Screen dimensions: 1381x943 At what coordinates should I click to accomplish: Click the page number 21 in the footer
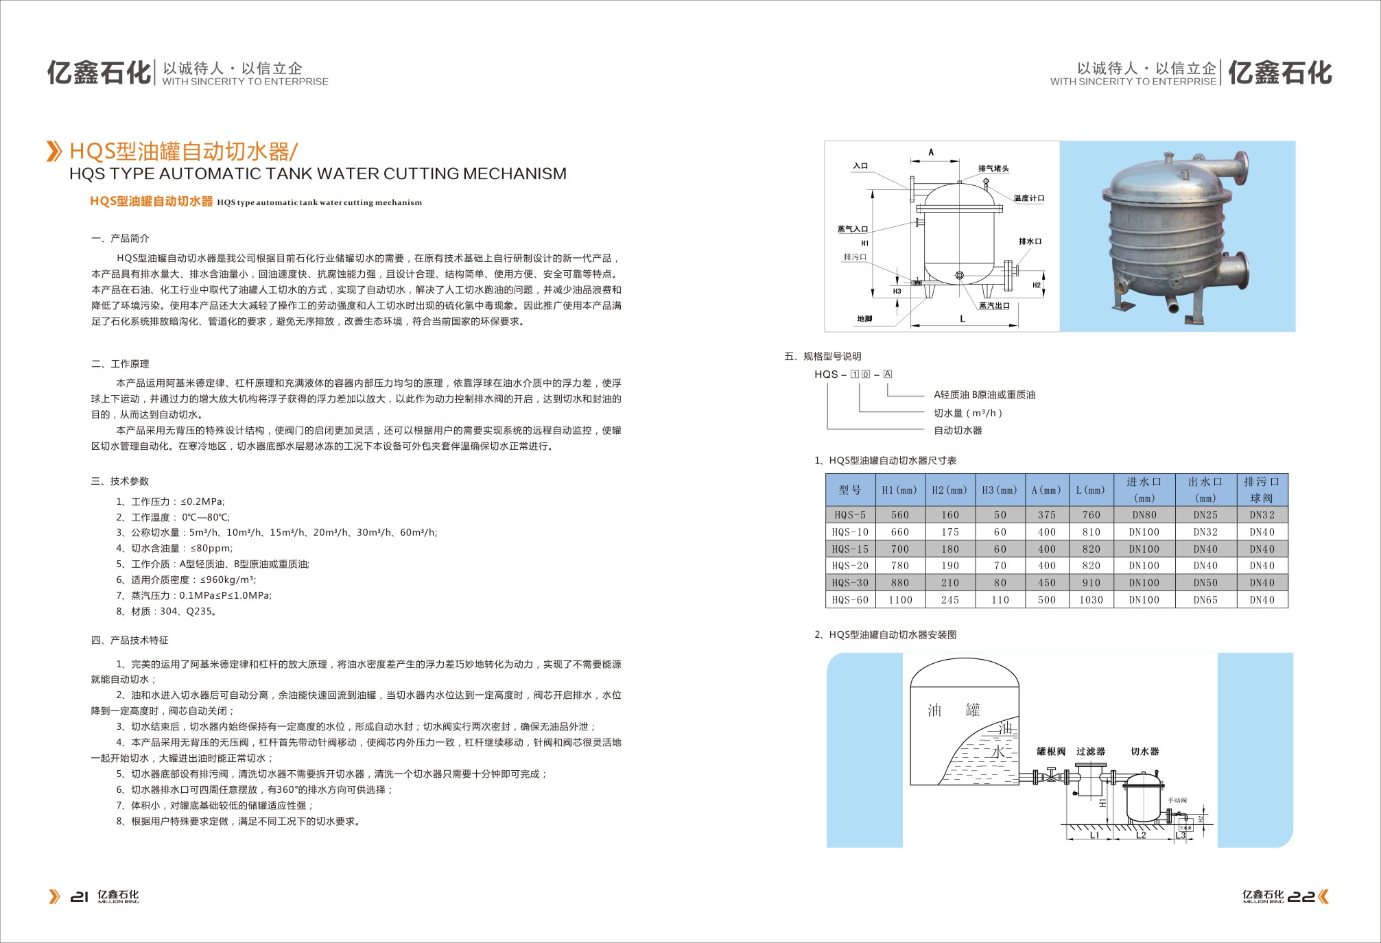[80, 896]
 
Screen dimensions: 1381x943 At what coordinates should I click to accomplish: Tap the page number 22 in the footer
[1301, 896]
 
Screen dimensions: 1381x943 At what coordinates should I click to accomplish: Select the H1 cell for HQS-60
[900, 600]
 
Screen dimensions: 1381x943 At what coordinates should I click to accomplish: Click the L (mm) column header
[1091, 490]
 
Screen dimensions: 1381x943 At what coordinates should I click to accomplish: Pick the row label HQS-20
[850, 566]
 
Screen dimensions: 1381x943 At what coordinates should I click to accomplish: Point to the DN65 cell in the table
[1205, 600]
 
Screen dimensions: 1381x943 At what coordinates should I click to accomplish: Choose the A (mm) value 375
[1047, 515]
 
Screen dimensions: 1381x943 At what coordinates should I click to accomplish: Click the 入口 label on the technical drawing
[860, 166]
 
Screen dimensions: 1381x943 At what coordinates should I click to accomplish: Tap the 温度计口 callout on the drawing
[1029, 198]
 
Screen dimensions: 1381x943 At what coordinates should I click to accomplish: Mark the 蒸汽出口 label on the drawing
[994, 306]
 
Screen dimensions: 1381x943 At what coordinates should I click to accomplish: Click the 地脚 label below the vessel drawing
[864, 319]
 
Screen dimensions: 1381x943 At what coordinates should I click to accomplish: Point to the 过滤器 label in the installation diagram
[1091, 752]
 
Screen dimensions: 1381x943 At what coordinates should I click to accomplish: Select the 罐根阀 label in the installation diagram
[1051, 752]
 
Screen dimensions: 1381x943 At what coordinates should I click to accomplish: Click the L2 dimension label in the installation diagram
[1141, 835]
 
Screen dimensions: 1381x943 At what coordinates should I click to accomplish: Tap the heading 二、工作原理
[120, 364]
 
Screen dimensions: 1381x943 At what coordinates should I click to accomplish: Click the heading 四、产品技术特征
[130, 641]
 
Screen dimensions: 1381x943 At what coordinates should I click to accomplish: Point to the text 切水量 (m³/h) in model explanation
[968, 414]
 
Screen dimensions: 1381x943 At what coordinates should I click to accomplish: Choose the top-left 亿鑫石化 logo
[99, 73]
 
